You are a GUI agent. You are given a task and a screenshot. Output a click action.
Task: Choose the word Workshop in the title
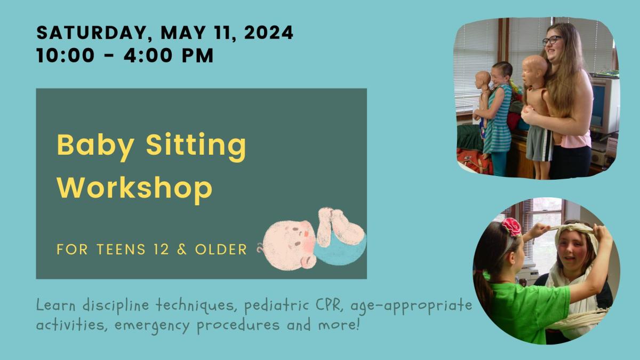(134, 188)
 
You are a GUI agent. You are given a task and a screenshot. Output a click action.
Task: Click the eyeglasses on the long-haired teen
(552, 41)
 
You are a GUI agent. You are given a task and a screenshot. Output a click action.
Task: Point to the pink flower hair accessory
(511, 227)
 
